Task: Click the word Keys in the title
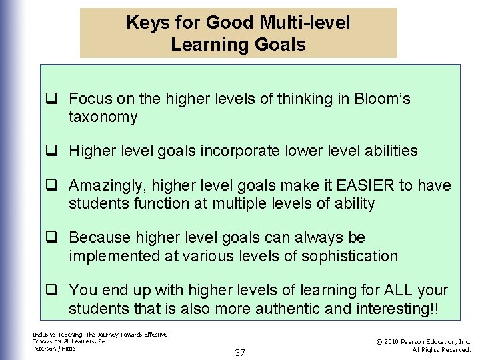pos(145,23)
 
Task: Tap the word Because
pos(100,237)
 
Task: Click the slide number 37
pos(240,352)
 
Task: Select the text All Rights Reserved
pos(441,349)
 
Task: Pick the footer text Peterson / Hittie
pos(54,349)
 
